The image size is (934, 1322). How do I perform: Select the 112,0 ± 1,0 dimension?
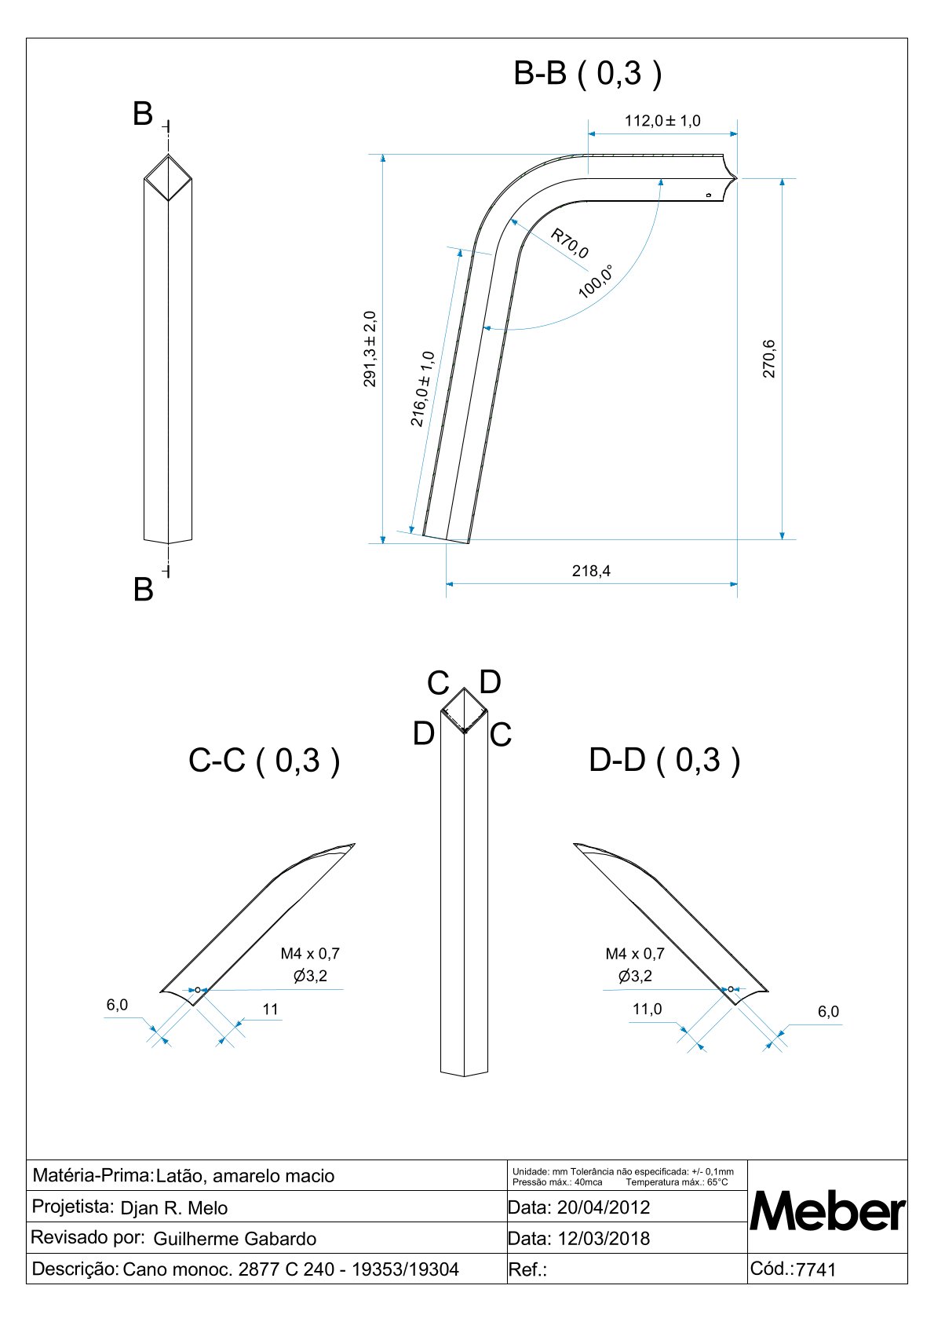pyautogui.click(x=662, y=121)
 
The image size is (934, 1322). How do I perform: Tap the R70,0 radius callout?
pyautogui.click(x=569, y=243)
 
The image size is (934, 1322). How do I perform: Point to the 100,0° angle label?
pyautogui.click(x=596, y=281)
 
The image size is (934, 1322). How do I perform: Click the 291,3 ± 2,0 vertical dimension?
pyautogui.click(x=370, y=349)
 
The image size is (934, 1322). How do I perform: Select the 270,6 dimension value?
pyautogui.click(x=769, y=359)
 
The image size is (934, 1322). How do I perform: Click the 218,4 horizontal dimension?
pyautogui.click(x=591, y=571)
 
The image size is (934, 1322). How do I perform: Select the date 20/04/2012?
pyautogui.click(x=604, y=1207)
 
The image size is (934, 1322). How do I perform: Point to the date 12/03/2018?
pyautogui.click(x=604, y=1238)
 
